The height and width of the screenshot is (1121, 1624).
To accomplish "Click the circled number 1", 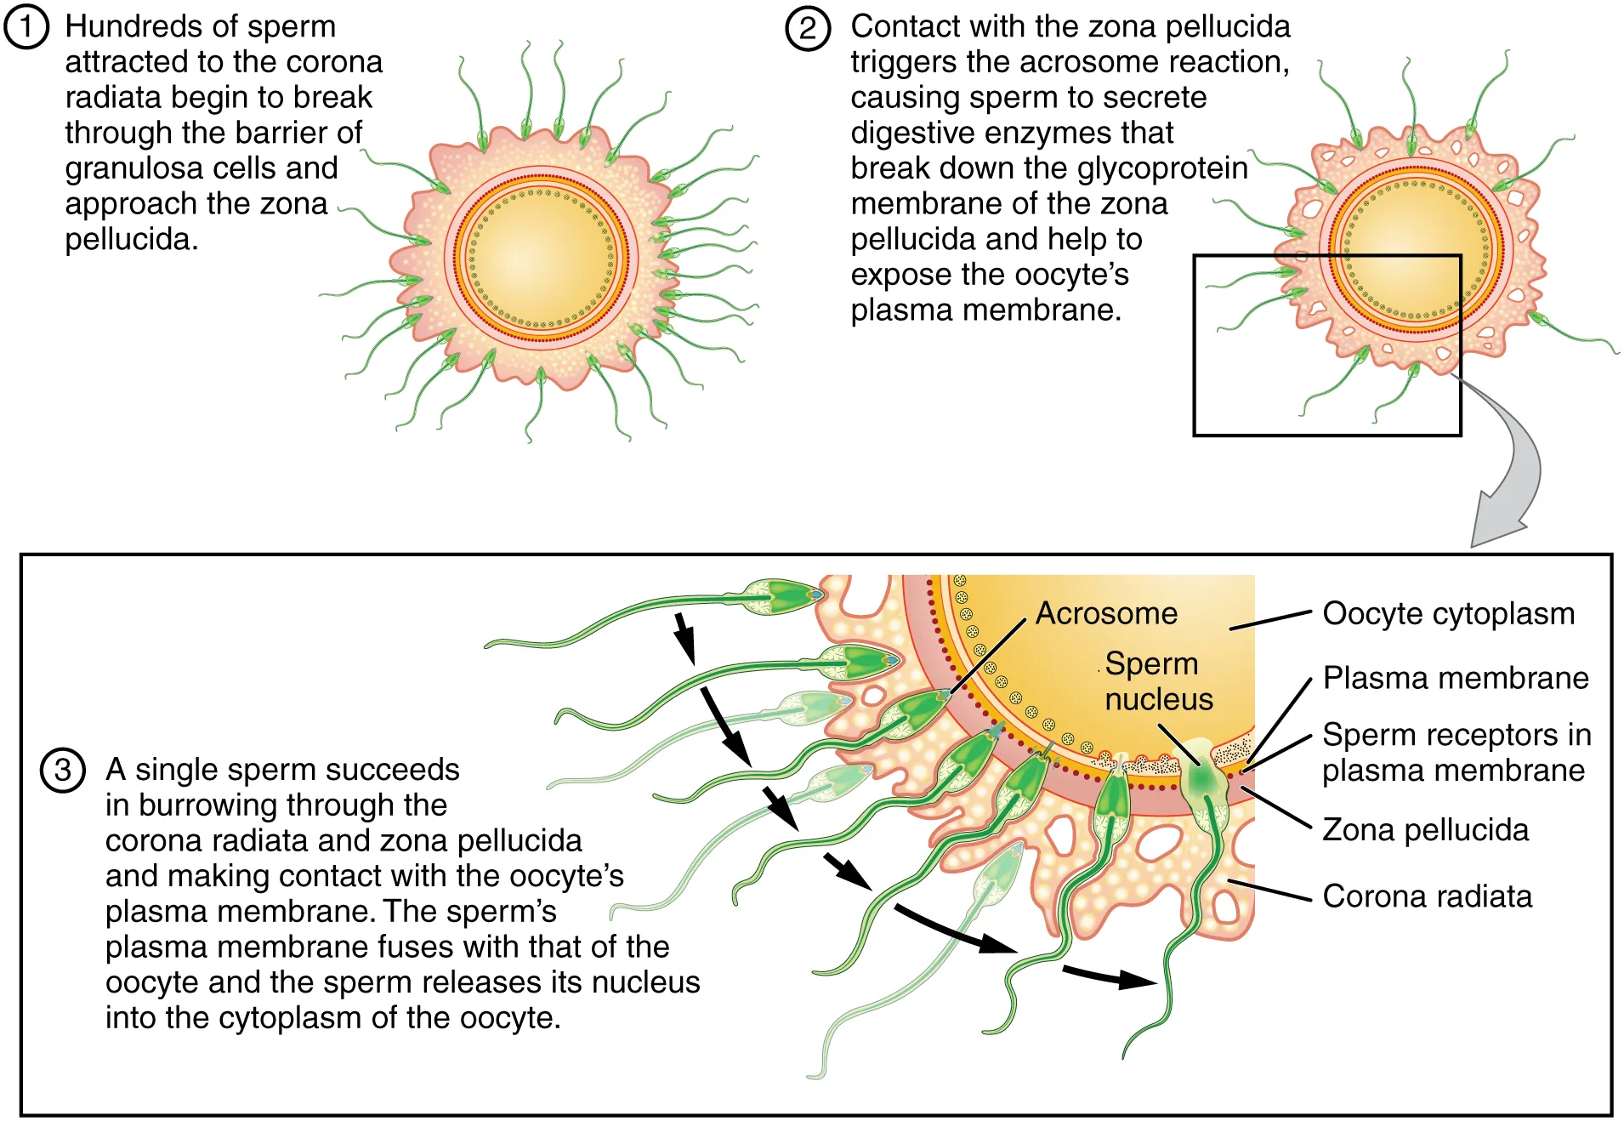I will (x=26, y=27).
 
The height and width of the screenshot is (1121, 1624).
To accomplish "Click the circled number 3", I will (x=63, y=771).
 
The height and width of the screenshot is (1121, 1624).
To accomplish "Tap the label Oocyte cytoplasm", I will (x=1448, y=613).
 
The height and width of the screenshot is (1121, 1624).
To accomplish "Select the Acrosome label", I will (x=1106, y=613).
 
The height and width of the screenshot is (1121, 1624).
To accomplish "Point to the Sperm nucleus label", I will (x=1157, y=681).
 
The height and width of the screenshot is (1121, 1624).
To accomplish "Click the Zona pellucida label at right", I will (x=1425, y=829).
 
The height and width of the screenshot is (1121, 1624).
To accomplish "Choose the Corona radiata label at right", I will (x=1427, y=896).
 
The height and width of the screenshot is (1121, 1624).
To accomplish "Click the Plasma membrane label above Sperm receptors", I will (x=1456, y=678).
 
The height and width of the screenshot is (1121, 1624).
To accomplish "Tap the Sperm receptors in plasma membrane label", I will (x=1456, y=752).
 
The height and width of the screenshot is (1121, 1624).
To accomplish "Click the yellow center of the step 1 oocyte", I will (x=541, y=255).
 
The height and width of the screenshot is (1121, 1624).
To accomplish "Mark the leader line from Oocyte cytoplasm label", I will (x=1270, y=620).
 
